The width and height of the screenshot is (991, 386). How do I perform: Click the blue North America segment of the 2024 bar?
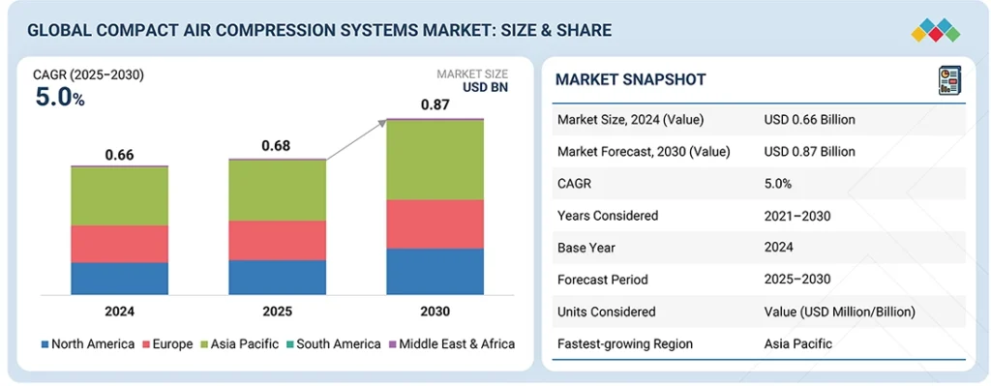tap(119, 279)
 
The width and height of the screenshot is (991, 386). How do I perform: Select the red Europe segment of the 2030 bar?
tap(435, 223)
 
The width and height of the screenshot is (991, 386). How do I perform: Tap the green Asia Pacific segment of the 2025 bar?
tap(277, 190)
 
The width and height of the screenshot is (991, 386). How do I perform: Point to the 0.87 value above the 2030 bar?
tap(435, 104)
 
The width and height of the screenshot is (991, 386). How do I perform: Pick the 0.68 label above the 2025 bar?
tap(277, 146)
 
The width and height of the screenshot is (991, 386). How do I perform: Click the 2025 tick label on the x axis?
tap(277, 312)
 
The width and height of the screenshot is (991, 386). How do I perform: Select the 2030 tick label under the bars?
tap(435, 312)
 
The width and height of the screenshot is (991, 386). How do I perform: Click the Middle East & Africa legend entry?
tap(451, 343)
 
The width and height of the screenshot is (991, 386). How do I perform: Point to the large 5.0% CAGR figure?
tap(59, 97)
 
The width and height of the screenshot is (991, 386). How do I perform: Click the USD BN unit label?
tap(485, 87)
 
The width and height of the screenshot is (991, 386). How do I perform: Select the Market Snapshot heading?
tap(630, 79)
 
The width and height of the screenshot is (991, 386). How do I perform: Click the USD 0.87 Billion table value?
tap(809, 151)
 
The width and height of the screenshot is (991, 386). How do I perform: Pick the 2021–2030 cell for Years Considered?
tap(797, 216)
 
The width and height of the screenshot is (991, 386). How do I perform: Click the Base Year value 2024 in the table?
tap(779, 248)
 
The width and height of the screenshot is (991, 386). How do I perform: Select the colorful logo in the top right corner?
tap(935, 30)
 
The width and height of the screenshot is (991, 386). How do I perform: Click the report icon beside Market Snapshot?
tap(947, 80)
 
